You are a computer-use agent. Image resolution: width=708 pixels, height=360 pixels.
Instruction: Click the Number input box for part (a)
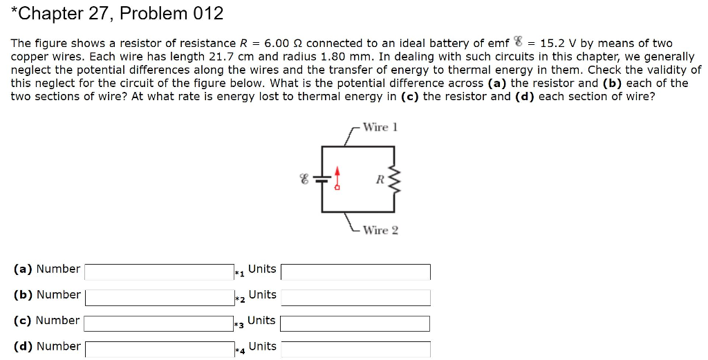tap(159, 272)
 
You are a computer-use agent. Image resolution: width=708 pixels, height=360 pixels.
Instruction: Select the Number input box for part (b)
tap(159, 298)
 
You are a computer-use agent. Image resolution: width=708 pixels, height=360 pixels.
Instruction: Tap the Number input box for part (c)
tap(159, 323)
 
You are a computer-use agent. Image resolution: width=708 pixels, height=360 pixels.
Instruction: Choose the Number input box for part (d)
tap(159, 349)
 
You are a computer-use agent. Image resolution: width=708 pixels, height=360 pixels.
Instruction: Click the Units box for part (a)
tap(355, 272)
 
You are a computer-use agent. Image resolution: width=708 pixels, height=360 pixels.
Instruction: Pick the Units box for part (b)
tap(355, 298)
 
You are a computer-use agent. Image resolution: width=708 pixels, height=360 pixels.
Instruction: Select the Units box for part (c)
tap(355, 323)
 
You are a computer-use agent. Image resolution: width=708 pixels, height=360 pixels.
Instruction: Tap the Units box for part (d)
tap(355, 349)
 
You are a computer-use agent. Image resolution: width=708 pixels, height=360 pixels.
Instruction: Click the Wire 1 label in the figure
tap(380, 127)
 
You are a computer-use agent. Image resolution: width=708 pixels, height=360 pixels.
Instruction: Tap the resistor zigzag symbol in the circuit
tap(395, 180)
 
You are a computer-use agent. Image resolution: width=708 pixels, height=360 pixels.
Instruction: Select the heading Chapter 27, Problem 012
tap(117, 13)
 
